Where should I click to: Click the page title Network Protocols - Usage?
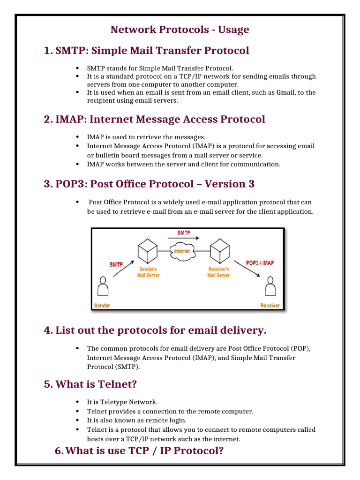tap(180, 30)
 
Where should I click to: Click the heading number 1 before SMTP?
tap(46, 51)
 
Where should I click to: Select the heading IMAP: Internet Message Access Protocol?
tap(160, 119)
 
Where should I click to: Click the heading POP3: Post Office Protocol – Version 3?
tap(155, 184)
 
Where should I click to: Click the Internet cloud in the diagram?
tap(182, 250)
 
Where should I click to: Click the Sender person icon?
tap(102, 288)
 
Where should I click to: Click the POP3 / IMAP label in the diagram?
tap(260, 262)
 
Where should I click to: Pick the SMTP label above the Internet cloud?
tap(183, 232)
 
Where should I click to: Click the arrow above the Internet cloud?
tap(183, 239)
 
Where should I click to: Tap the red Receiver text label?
tap(270, 306)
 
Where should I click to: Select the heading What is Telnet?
tap(96, 384)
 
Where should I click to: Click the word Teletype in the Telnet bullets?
tap(112, 402)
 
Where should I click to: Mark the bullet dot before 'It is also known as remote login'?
tap(76, 420)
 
